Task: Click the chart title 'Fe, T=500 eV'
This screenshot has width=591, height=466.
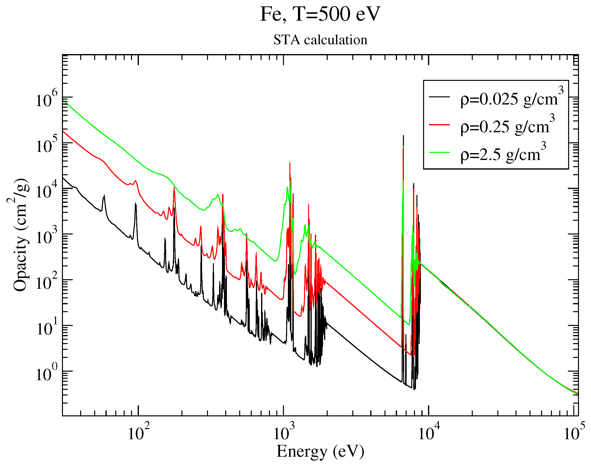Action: pos(320,14)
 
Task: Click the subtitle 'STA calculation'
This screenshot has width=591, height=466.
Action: pos(320,40)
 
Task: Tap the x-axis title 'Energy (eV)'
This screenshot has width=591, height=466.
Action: pos(320,451)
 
